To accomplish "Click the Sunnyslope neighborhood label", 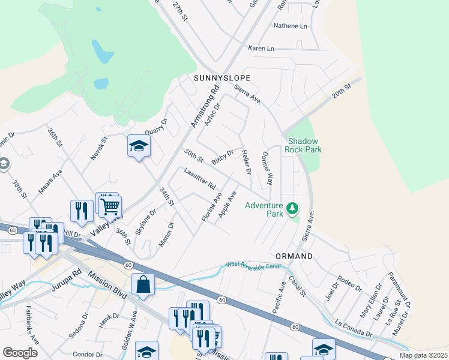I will (221, 79).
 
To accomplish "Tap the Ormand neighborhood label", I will (294, 256).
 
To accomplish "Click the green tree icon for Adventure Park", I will (292, 209).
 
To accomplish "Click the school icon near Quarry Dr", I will (139, 146).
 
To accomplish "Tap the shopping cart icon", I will (110, 206).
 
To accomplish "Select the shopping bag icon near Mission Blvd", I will (143, 285).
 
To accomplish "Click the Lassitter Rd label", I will (200, 178).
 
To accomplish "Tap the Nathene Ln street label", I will (290, 26).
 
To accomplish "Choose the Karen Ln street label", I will (261, 48).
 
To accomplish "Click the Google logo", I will (20, 353).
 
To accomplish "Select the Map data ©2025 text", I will (423, 355).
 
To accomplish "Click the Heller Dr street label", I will (246, 163).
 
